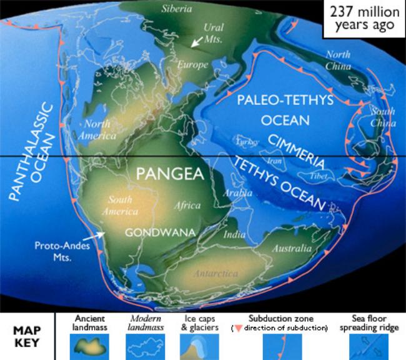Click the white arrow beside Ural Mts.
point(197,42)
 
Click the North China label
point(338,60)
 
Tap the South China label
point(383,117)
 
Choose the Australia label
point(291,249)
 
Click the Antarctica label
point(216,274)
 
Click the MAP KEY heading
point(26,336)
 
